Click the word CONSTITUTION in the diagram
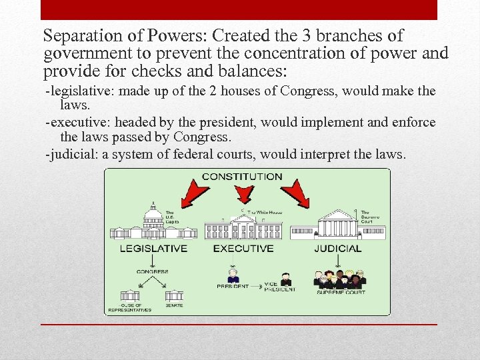pyautogui.click(x=241, y=177)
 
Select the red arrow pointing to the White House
pyautogui.click(x=243, y=194)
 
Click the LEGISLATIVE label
pyautogui.click(x=153, y=249)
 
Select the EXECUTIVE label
pyautogui.click(x=243, y=249)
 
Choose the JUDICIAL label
pyautogui.click(x=337, y=249)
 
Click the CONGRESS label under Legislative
pyautogui.click(x=153, y=271)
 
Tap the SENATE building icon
pyautogui.click(x=174, y=295)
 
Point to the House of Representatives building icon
pyautogui.click(x=129, y=295)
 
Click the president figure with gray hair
pyautogui.click(x=233, y=277)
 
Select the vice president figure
pyautogui.click(x=286, y=279)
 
